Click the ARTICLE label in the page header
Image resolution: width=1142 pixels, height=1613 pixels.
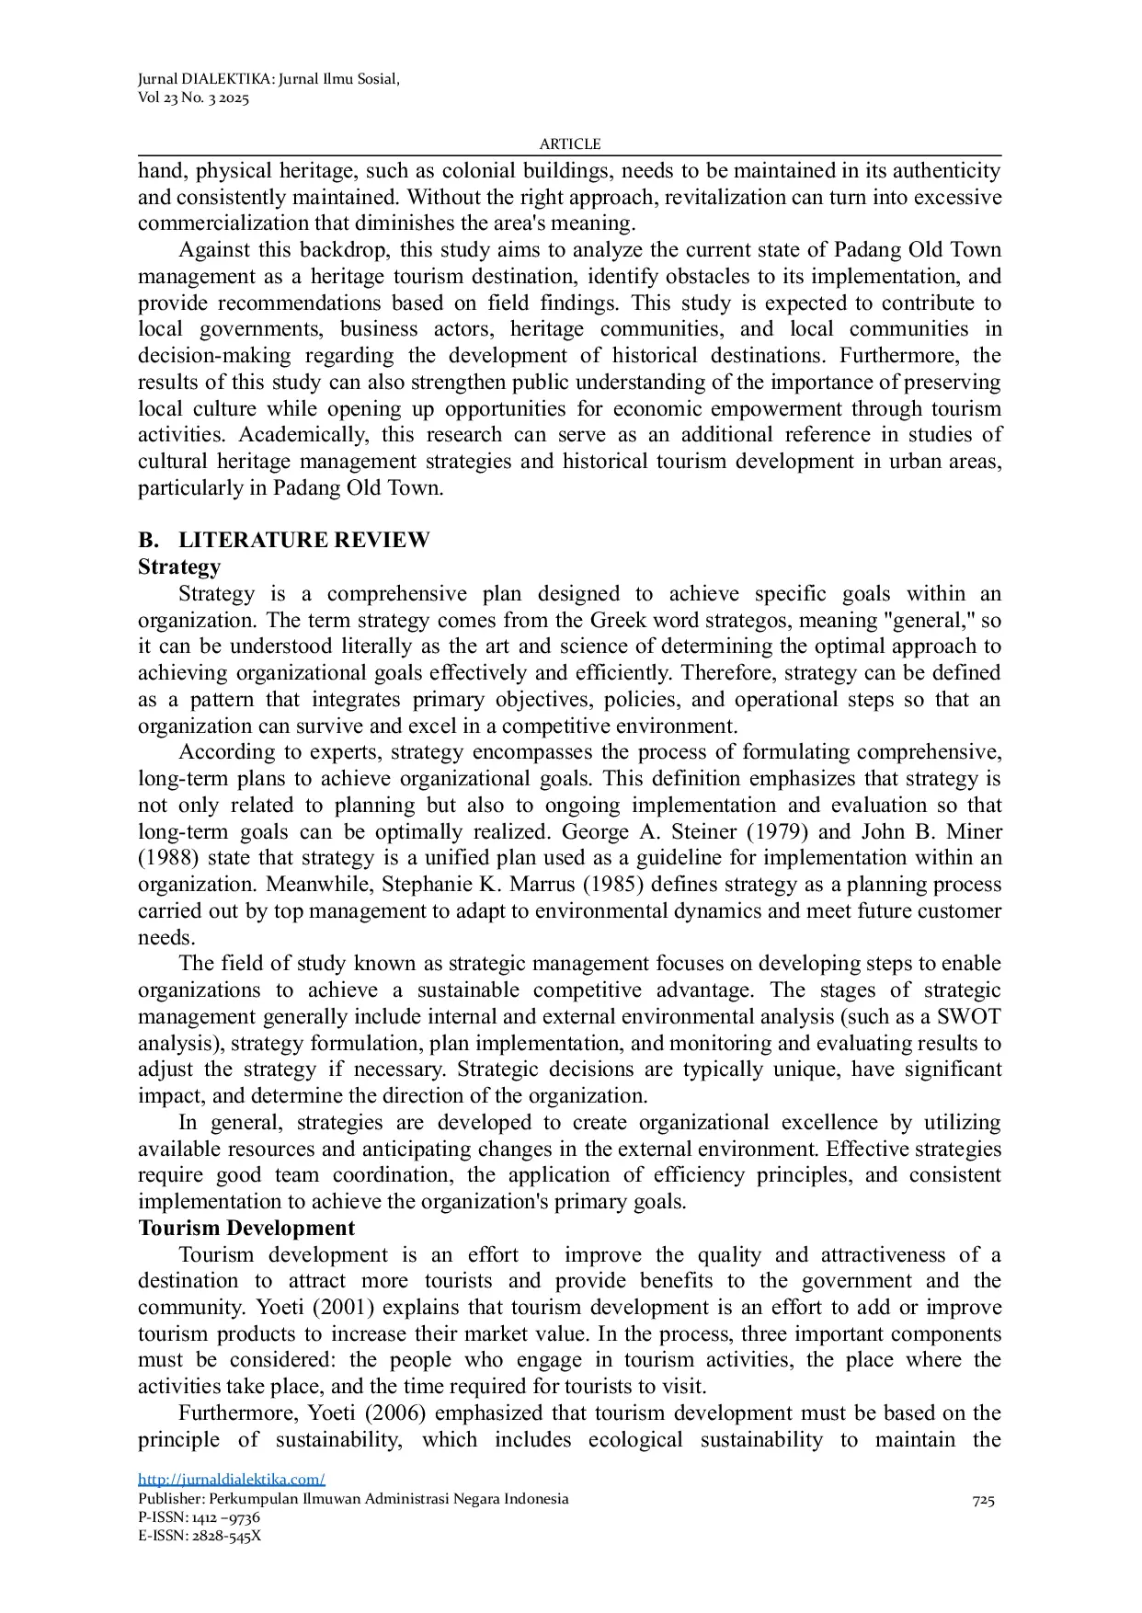click(x=569, y=144)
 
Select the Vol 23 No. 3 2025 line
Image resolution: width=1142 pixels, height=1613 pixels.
click(x=193, y=98)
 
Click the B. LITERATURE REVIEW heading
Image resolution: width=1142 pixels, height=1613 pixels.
click(x=284, y=540)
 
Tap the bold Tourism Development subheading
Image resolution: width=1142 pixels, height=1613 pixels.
click(x=246, y=1229)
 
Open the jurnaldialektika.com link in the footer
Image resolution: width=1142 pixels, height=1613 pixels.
click(x=232, y=1479)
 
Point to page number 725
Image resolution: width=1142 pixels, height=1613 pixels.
click(x=983, y=1501)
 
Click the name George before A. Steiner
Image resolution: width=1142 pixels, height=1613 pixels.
click(x=596, y=832)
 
